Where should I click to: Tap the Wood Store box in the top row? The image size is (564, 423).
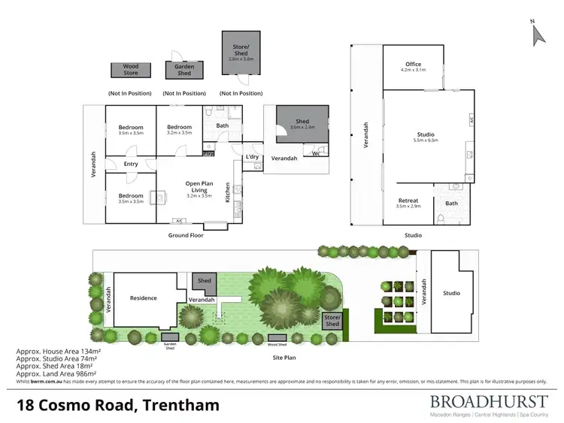(x=131, y=70)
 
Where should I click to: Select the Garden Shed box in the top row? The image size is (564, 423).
(x=184, y=70)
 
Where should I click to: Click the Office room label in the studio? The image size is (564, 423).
(x=414, y=65)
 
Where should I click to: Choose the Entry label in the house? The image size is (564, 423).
(x=131, y=164)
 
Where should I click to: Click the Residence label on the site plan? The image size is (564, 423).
(x=143, y=298)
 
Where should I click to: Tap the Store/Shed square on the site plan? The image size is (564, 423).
(x=332, y=320)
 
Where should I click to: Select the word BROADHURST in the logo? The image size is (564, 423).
(x=489, y=401)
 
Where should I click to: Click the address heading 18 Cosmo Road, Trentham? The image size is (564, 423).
(x=118, y=406)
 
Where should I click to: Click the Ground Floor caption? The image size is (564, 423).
(x=186, y=235)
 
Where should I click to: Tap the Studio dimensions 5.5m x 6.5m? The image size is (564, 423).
(x=425, y=140)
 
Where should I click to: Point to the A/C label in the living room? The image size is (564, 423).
(x=179, y=221)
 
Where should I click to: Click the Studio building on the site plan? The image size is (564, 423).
(x=451, y=293)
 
